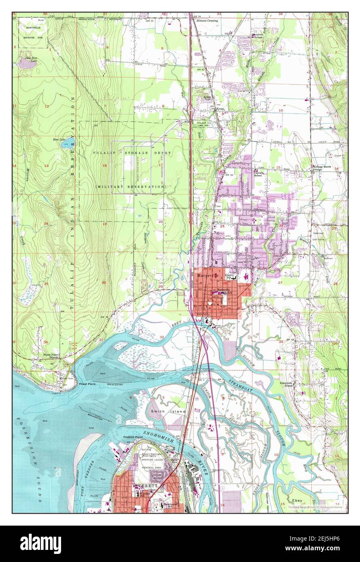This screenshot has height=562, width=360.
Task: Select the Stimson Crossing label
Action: click(x=207, y=20)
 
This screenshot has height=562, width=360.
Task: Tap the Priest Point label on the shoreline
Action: click(x=87, y=384)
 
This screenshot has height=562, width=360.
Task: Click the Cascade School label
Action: click(x=258, y=174)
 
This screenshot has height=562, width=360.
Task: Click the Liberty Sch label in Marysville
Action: click(x=231, y=277)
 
